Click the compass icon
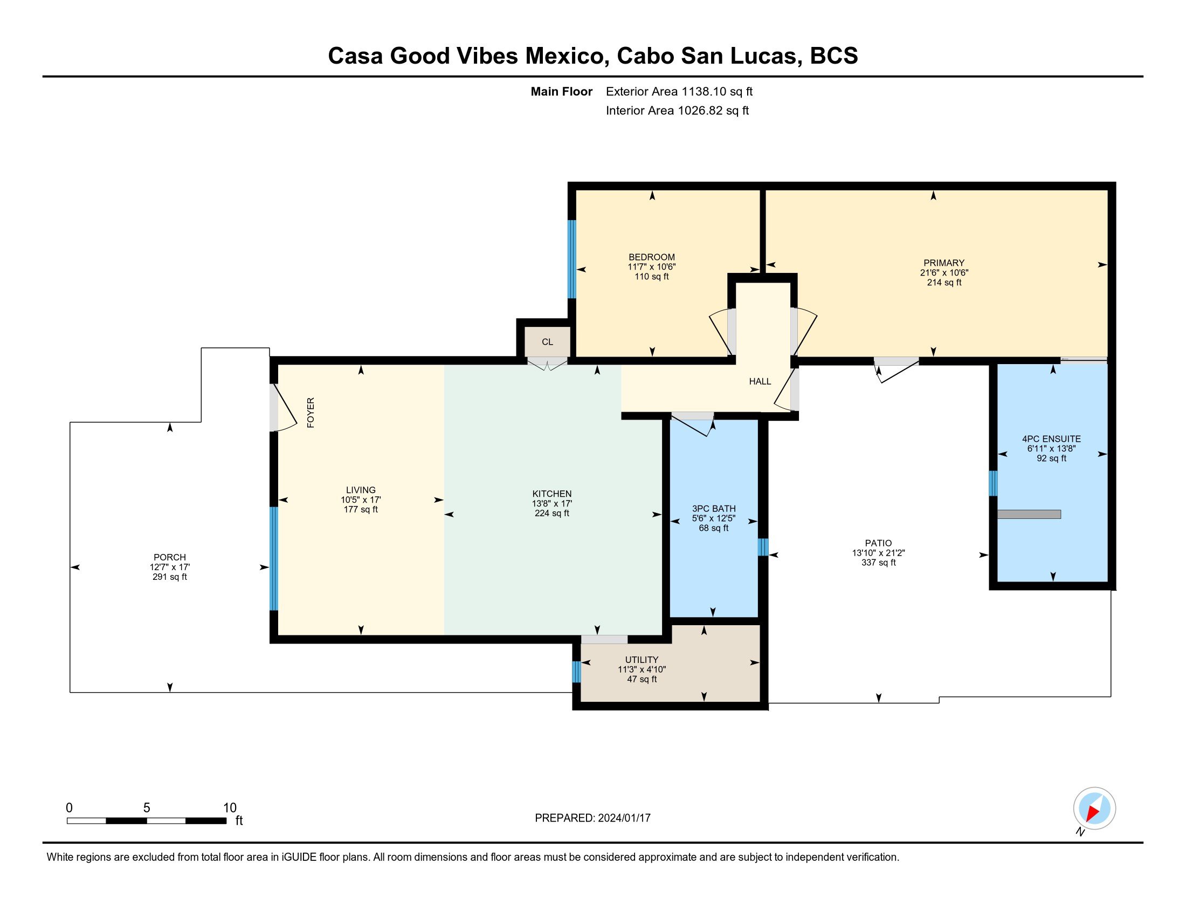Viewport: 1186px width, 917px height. (x=1094, y=808)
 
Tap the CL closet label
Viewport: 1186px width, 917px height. (x=547, y=341)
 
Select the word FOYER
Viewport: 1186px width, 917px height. (x=311, y=413)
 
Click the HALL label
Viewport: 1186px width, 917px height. (x=760, y=381)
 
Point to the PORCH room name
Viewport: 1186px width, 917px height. (x=169, y=557)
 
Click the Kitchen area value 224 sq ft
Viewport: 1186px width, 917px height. (x=551, y=514)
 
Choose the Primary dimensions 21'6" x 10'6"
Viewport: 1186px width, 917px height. (x=944, y=273)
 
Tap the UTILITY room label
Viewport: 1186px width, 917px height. (x=642, y=660)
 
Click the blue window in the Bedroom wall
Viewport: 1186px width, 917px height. (x=571, y=259)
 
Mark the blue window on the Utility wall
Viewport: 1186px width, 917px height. (x=576, y=672)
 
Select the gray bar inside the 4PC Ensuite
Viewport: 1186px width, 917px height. (x=1029, y=515)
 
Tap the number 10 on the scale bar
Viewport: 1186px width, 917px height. (x=230, y=808)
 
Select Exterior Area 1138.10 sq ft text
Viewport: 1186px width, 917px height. (x=679, y=92)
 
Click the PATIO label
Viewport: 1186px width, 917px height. (x=878, y=543)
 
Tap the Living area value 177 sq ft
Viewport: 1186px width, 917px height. (x=361, y=510)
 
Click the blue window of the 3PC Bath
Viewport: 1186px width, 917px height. (x=763, y=546)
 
